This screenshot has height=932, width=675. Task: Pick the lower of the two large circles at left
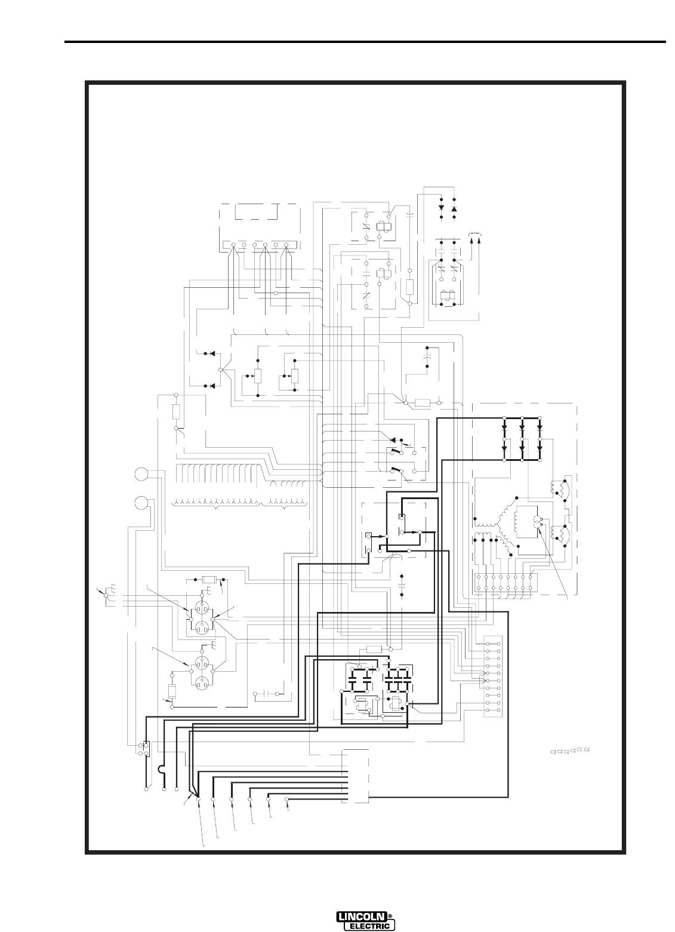[142, 503]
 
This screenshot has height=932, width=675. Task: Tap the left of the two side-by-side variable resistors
[257, 376]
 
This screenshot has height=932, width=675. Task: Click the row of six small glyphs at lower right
[571, 751]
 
